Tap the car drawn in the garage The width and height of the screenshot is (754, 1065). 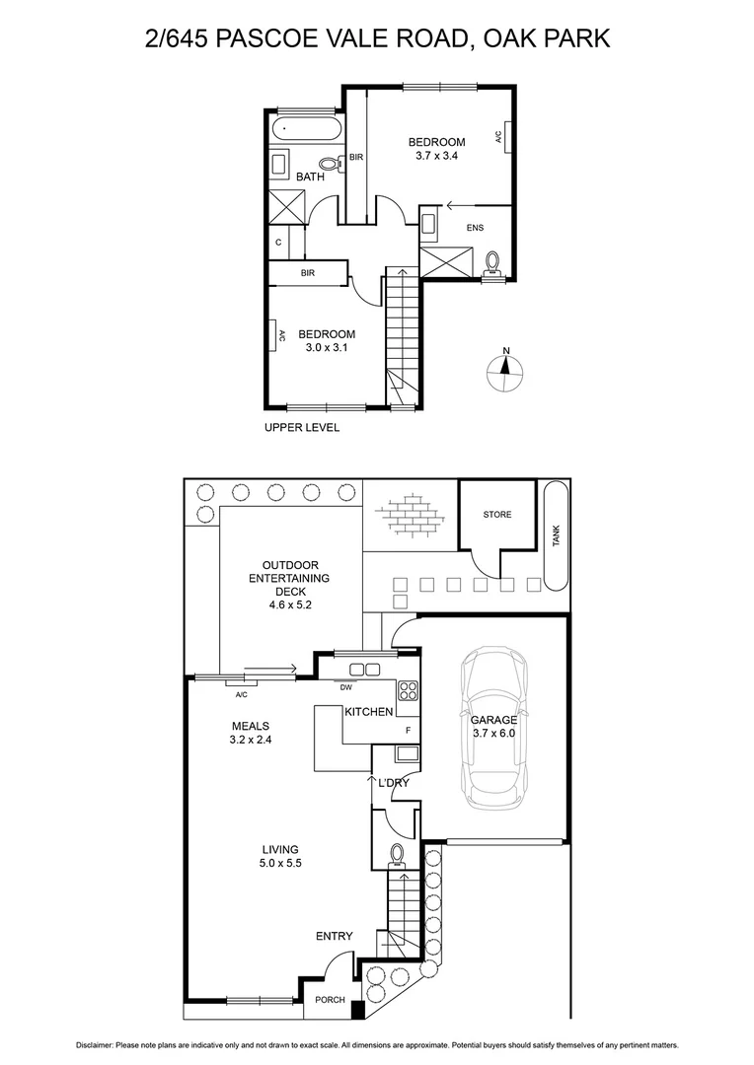tap(493, 728)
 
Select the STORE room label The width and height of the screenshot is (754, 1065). tap(497, 515)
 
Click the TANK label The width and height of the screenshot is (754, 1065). tap(556, 535)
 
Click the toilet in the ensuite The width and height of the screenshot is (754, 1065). tap(492, 261)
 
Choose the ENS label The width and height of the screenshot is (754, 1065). tap(476, 229)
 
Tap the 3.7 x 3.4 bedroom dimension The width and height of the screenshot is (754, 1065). tap(436, 156)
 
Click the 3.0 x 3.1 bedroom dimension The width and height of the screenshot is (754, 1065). tap(327, 348)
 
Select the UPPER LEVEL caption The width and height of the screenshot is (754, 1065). tap(302, 427)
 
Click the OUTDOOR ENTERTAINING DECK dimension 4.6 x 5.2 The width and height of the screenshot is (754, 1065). tap(289, 605)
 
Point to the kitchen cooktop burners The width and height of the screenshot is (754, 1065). tap(409, 689)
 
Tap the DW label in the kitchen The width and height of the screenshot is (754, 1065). tap(346, 688)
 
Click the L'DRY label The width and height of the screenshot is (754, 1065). tap(394, 783)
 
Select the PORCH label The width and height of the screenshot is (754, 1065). tap(330, 1000)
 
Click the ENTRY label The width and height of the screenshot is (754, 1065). tap(334, 936)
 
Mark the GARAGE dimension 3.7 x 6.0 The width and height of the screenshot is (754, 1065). tap(494, 734)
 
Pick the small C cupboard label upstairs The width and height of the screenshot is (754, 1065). tap(279, 242)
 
